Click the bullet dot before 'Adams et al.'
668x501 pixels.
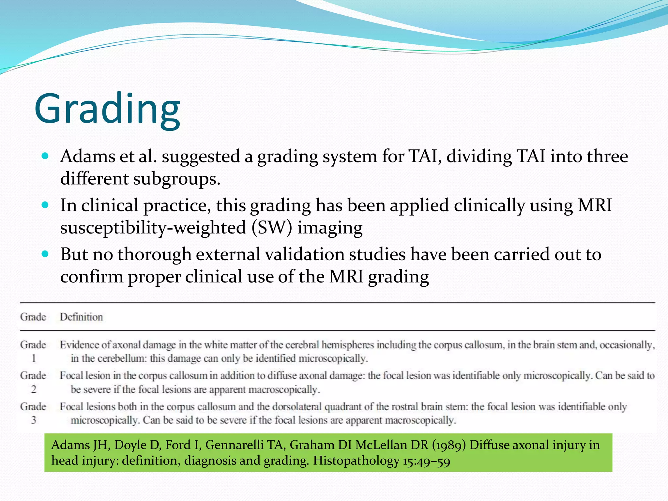click(45, 156)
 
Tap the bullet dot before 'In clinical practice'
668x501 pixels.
click(45, 205)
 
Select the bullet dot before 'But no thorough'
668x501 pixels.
click(45, 254)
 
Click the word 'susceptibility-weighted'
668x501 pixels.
click(153, 228)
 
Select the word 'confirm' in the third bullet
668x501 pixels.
click(92, 277)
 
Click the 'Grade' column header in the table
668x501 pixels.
click(33, 317)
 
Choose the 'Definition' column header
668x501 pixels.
click(81, 317)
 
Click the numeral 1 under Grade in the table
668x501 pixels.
click(33, 358)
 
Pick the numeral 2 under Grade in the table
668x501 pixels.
click(33, 389)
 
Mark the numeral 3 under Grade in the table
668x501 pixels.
click(33, 420)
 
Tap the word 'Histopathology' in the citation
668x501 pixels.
click(356, 461)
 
